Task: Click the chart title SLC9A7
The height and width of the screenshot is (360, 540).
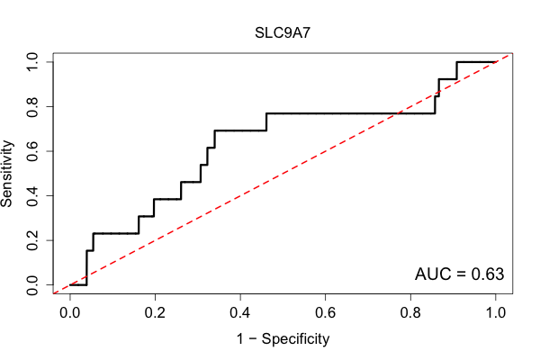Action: [x=283, y=33]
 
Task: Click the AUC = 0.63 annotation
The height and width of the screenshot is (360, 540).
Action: [x=459, y=274]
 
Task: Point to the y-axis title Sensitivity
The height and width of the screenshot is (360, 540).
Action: [x=6, y=174]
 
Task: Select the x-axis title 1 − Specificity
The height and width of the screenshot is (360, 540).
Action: [x=283, y=339]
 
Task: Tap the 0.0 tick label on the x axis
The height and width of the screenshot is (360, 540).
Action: [x=70, y=313]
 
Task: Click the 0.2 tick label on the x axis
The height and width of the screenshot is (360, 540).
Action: [x=155, y=313]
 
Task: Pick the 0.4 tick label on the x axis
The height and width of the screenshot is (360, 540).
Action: [x=240, y=313]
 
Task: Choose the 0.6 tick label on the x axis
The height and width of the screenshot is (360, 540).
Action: [x=325, y=313]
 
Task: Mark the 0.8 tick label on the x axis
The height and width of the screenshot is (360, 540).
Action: [x=410, y=313]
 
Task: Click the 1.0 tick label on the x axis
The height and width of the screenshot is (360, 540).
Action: [x=496, y=313]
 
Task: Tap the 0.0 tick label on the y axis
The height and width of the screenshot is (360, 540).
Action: [x=32, y=285]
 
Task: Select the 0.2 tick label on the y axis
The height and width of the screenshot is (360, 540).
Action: [x=32, y=240]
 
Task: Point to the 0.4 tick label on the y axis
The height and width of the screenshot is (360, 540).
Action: [x=32, y=196]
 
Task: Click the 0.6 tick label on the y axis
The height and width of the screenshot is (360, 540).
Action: [x=32, y=151]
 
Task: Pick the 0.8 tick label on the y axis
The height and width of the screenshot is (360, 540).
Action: [x=32, y=107]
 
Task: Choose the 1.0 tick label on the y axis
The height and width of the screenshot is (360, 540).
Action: [x=32, y=62]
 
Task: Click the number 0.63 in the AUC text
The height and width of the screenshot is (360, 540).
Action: [x=488, y=274]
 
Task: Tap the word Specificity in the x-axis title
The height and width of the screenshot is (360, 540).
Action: [x=295, y=339]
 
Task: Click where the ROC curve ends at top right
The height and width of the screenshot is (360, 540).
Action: [x=496, y=62]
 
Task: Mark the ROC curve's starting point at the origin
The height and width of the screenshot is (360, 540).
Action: [x=70, y=285]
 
